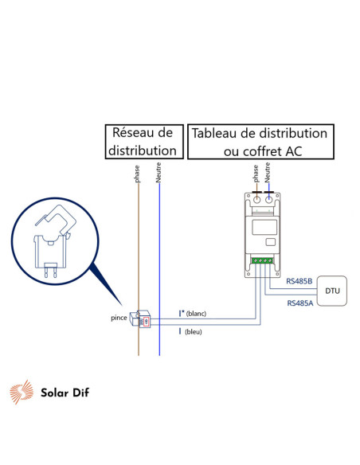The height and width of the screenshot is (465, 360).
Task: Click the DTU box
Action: point(331,291)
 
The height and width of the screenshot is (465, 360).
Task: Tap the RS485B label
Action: point(300,280)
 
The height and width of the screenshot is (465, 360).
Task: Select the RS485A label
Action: point(300,303)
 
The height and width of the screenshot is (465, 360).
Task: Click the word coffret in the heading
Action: point(264,150)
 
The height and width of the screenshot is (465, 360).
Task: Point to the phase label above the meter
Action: point(256,173)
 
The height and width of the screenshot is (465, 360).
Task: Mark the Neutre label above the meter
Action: point(269,174)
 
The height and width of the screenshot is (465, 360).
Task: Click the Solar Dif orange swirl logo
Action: point(22,392)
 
